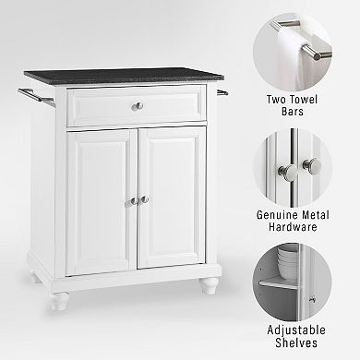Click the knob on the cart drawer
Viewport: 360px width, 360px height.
(x=138, y=105)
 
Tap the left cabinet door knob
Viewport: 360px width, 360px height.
(x=133, y=199)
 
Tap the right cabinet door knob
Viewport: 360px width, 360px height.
(x=144, y=199)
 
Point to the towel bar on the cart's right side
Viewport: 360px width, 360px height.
(x=222, y=91)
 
